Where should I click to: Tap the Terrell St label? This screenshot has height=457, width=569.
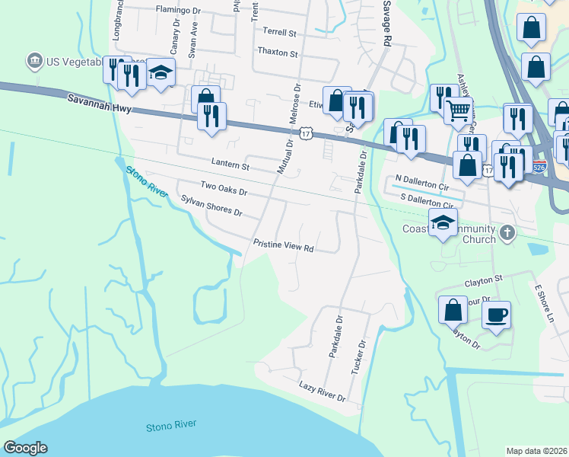coord(279,32)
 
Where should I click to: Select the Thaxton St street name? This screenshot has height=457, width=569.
coord(278,53)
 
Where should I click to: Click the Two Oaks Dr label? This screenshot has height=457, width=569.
coord(224,187)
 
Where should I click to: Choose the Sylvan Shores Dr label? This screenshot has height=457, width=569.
coord(211,206)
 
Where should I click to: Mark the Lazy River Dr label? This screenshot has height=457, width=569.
coord(322,392)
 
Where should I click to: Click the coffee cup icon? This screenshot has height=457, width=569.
coord(496,314)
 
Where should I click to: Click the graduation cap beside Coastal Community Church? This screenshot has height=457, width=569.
coord(443,222)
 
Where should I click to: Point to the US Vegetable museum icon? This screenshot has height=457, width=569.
coord(33,59)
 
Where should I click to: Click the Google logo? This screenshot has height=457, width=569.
coord(24,447)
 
